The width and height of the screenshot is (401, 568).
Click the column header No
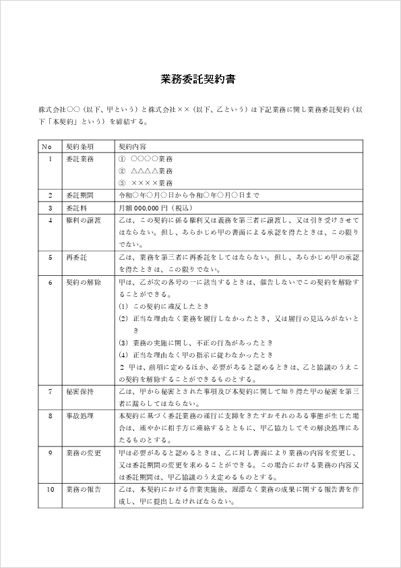[x=47, y=146]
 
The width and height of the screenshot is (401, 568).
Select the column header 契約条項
[x=80, y=146]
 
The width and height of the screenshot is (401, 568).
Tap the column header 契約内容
[x=133, y=146]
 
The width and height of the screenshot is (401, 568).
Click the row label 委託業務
[x=80, y=159]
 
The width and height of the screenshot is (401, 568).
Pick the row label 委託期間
[x=80, y=195]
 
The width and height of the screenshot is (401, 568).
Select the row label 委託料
[x=76, y=208]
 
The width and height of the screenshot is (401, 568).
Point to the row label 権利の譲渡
[x=83, y=220]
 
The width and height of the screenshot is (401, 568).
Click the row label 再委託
[x=76, y=257]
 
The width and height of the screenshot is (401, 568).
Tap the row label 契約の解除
[x=83, y=281]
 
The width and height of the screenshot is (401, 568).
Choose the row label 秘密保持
[x=80, y=391]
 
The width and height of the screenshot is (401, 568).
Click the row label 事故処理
[x=80, y=416]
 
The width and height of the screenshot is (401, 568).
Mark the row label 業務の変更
[x=83, y=453]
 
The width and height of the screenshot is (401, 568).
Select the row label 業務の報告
[x=83, y=489]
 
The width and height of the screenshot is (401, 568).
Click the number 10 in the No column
[x=50, y=489]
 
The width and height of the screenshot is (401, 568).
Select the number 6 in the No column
[x=50, y=281]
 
